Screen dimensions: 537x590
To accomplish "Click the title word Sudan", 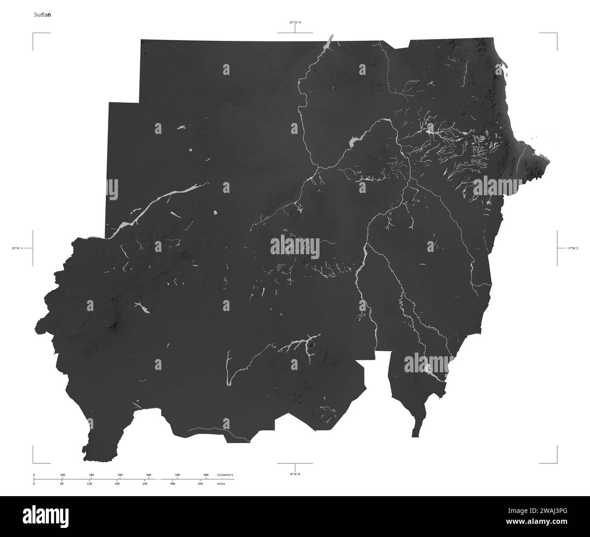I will (x=42, y=15).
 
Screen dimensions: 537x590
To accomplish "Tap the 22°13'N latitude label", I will (x=295, y=22).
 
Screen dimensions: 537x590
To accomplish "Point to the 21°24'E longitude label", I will (x=17, y=248).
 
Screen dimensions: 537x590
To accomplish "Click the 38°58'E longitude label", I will (x=572, y=248).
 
